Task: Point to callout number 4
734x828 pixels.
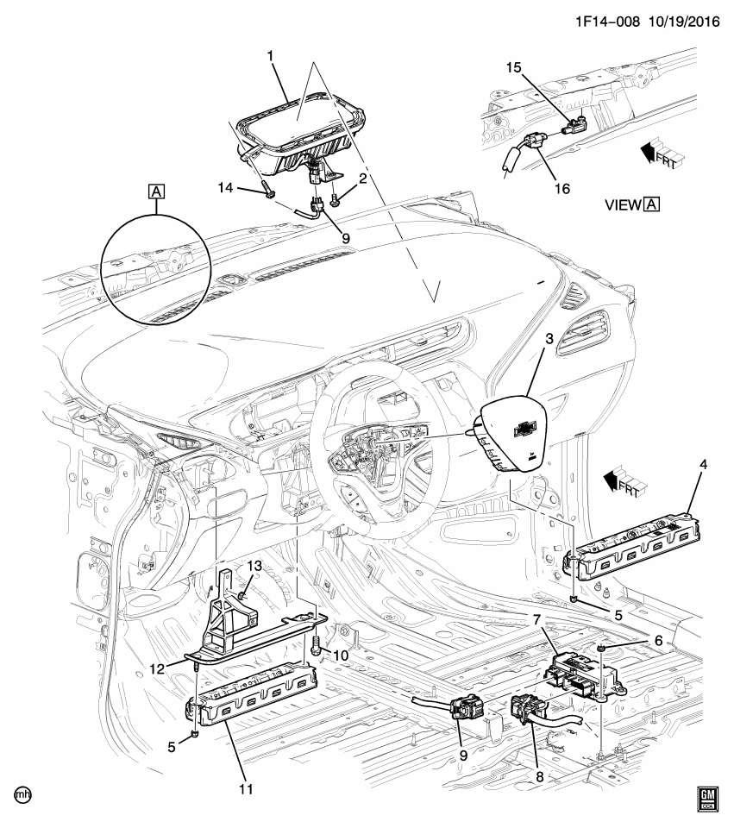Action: [x=703, y=466]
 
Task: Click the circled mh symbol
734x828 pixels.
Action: [x=16, y=792]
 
